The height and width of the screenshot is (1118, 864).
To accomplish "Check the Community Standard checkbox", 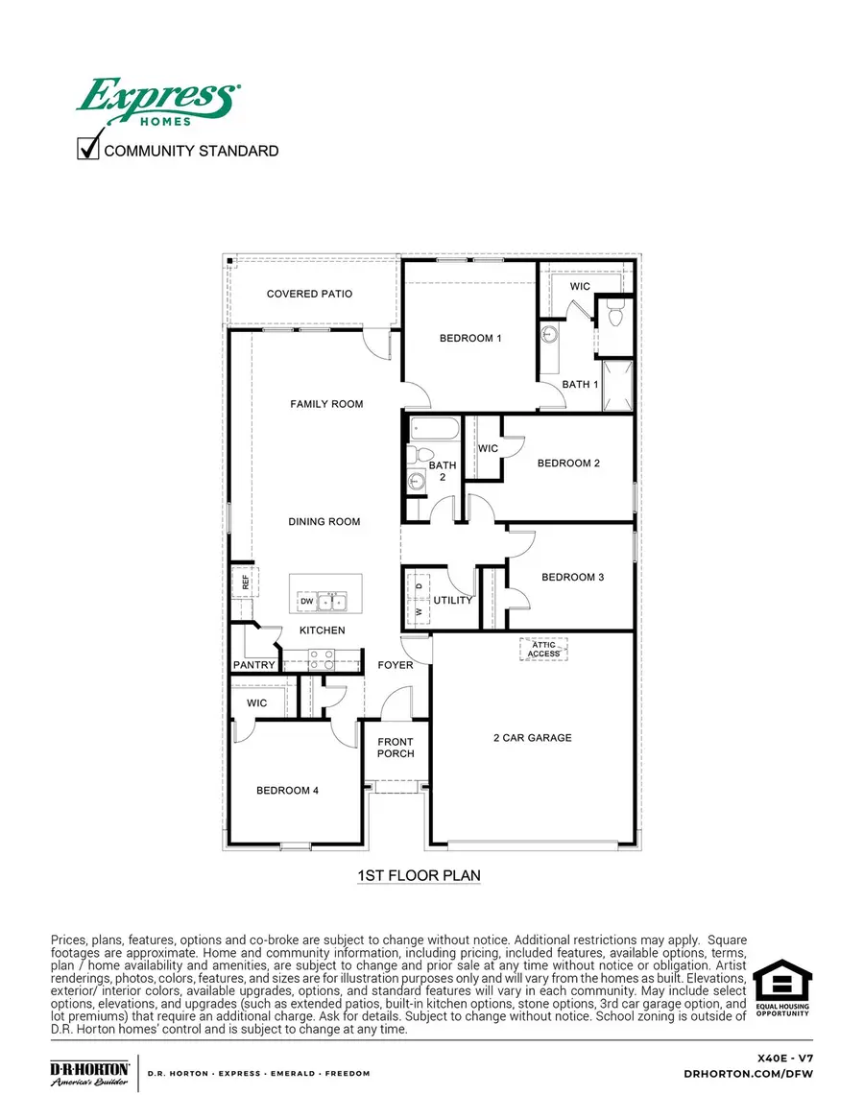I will [x=88, y=150].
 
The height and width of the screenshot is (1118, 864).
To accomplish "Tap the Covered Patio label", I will [x=309, y=294].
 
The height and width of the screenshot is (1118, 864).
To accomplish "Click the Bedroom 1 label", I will [x=470, y=338].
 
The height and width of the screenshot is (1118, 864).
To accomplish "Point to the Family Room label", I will [x=326, y=404].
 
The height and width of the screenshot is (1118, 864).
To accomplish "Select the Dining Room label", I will [x=324, y=522].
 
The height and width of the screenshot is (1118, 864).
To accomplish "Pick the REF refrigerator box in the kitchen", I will [x=244, y=581].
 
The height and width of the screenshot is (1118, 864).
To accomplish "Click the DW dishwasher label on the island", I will [x=307, y=602].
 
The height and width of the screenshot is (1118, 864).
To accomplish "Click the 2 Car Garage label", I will [x=531, y=738].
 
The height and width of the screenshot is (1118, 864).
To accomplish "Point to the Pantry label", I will [x=254, y=665].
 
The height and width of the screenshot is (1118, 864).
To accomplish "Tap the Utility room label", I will [x=453, y=601].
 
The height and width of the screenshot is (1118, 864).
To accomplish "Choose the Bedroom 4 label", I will [x=287, y=791].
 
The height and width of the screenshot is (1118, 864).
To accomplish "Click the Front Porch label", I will [x=396, y=748].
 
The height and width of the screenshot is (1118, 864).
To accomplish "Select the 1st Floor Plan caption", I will [x=419, y=875].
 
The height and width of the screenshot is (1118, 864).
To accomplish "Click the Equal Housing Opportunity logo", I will [x=781, y=989].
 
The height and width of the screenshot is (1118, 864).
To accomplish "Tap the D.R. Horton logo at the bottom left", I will [x=89, y=1073].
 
